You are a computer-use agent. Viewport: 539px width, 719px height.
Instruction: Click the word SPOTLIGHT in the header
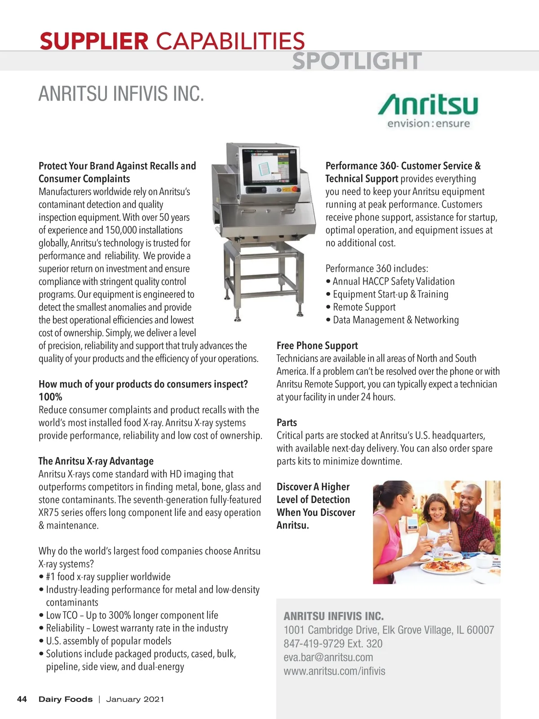pos(357,61)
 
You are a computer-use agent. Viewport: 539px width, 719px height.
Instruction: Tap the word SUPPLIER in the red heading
pos(94,41)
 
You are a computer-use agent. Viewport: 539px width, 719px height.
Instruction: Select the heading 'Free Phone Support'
pos(317,346)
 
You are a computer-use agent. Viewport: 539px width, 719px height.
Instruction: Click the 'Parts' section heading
pos(287,422)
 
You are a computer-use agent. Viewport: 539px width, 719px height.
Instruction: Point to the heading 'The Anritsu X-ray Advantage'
pos(96,461)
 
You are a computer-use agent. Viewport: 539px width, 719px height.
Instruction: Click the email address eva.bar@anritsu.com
pos(328,657)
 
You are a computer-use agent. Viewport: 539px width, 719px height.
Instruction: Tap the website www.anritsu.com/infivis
pos(334,671)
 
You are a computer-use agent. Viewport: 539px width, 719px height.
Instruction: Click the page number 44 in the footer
pos(22,699)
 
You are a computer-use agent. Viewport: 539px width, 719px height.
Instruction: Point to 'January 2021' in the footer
pos(135,699)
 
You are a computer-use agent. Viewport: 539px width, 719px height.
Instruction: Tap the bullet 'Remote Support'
pos(364,307)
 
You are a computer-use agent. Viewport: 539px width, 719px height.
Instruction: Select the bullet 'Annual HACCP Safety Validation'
pos(393,282)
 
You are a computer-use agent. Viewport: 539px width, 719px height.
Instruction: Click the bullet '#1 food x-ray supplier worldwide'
pos(108,577)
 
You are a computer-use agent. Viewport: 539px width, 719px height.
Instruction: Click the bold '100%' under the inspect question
pos(50,397)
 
